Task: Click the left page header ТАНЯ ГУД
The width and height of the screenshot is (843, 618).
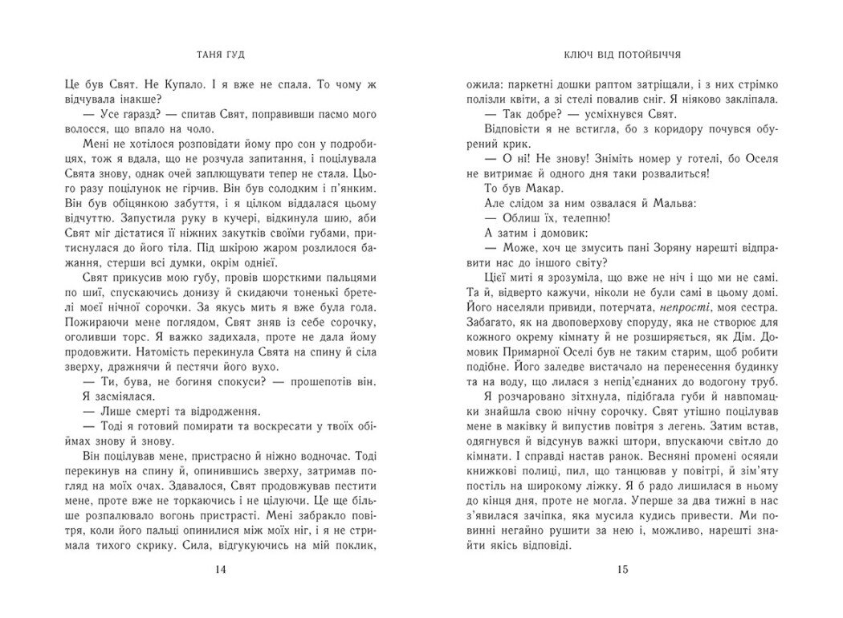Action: [222, 59]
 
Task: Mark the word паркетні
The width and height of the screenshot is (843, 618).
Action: [527, 82]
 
